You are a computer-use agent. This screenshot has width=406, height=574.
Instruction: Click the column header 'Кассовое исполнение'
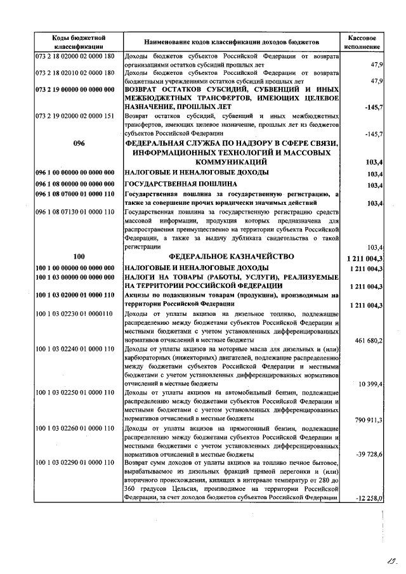(x=363, y=42)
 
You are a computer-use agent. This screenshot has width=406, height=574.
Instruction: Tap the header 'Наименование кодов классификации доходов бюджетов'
(x=232, y=42)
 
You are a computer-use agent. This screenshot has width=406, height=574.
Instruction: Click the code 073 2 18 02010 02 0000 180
(x=75, y=73)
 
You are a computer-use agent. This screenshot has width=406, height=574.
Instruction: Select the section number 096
(x=79, y=143)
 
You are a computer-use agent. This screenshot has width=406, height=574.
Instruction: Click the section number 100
(x=79, y=256)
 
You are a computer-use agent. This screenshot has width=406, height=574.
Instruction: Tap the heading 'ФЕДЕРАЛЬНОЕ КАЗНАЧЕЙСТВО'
(x=232, y=256)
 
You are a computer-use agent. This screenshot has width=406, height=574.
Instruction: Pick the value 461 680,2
(x=367, y=341)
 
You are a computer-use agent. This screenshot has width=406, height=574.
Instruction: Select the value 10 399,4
(x=370, y=384)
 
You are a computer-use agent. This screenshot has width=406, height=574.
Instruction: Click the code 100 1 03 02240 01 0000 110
(x=75, y=349)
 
